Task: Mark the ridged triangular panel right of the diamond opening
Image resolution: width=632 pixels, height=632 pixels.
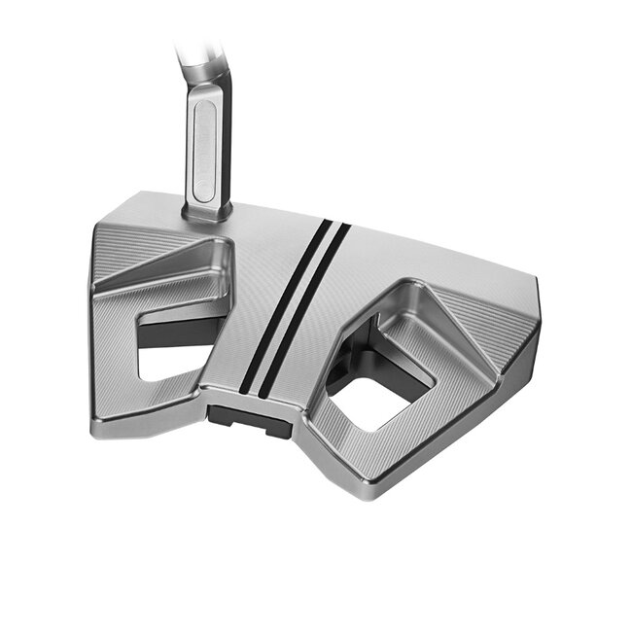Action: (x=486, y=321)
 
